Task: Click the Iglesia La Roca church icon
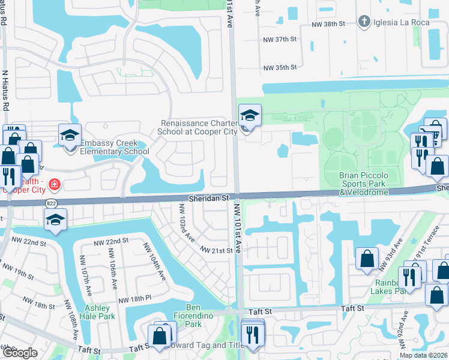point(364,22)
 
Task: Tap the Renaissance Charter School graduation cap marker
point(250,115)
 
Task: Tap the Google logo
point(20,353)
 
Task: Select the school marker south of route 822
point(55,220)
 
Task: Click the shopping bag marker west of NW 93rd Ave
point(367,259)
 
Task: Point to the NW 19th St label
point(34,274)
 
